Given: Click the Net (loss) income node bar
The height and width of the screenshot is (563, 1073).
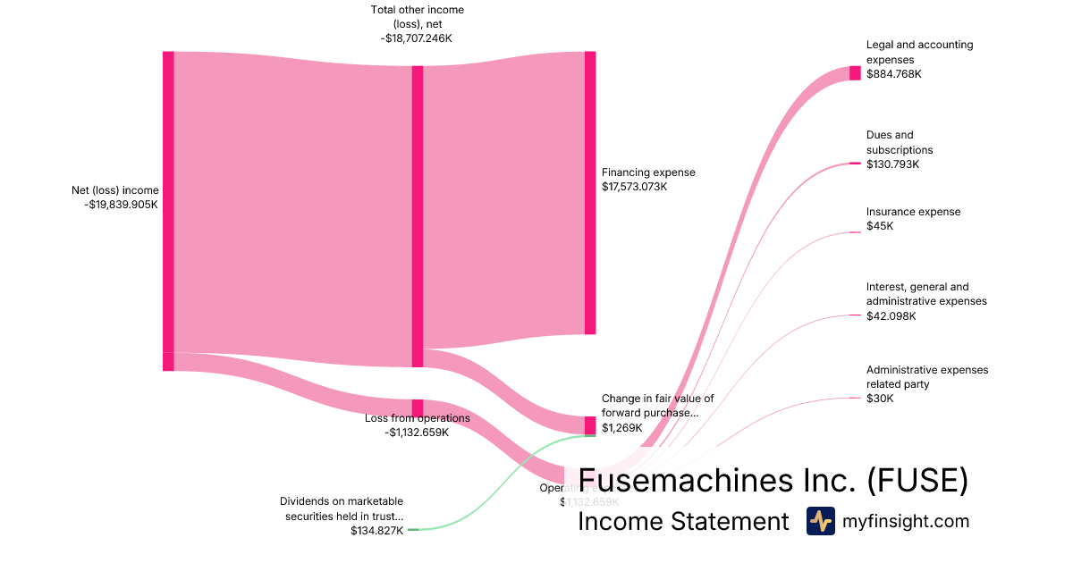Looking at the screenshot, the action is (168, 202).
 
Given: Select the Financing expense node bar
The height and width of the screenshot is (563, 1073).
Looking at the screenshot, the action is (590, 192).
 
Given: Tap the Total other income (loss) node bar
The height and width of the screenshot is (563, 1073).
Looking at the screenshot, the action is (418, 215).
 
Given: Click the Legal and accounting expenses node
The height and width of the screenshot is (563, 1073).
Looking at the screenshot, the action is (855, 73).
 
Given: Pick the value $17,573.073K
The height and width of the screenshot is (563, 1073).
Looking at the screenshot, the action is (635, 187).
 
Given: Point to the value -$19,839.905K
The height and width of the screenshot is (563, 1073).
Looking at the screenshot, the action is (121, 205).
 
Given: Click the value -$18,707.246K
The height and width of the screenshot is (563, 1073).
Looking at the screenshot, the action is (418, 39).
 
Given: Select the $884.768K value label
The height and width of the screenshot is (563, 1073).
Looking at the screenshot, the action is (893, 74).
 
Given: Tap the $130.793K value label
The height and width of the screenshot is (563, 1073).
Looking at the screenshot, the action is (892, 164).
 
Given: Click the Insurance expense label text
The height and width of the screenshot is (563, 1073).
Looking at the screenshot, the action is (913, 212).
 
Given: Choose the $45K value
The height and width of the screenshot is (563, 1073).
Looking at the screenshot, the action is (880, 226).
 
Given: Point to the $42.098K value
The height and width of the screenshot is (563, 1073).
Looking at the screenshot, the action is (891, 316).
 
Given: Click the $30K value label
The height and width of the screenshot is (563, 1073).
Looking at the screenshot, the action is (880, 399).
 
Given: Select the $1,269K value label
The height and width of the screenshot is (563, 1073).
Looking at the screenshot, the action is (622, 428).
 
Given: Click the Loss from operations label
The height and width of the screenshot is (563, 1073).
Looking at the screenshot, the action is (417, 418).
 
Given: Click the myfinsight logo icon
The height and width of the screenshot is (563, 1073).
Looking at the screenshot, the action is (820, 521).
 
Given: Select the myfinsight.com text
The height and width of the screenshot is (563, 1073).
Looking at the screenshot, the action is (906, 521).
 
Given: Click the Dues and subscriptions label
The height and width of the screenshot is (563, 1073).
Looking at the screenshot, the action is (899, 143).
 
